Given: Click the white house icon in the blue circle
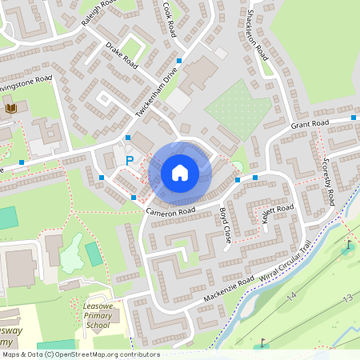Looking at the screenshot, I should pyautogui.click(x=180, y=173).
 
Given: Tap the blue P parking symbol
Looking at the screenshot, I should pyautogui.click(x=130, y=161).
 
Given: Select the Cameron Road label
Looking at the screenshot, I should pyautogui.click(x=170, y=210).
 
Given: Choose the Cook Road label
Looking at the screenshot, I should pyautogui.click(x=170, y=18).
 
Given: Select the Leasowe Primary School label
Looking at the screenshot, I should pyautogui.click(x=97, y=315).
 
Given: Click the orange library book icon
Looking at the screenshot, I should pyautogui.click(x=12, y=108).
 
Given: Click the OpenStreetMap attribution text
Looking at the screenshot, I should pyautogui.click(x=81, y=354).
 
